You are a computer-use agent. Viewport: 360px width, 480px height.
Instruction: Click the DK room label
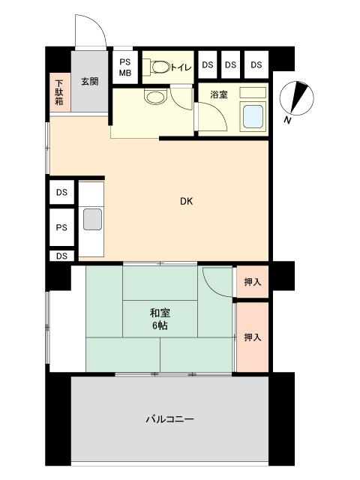(x=186, y=202)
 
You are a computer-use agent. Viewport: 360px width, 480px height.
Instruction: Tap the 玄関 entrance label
(x=90, y=82)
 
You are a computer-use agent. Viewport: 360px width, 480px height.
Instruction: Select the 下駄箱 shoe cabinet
(x=60, y=92)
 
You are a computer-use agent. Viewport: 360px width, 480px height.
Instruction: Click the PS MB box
(x=125, y=67)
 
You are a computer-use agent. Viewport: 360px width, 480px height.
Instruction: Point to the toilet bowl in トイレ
(x=160, y=67)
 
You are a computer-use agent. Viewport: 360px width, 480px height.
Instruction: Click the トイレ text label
(x=181, y=67)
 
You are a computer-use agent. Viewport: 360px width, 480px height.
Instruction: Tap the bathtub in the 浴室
(x=253, y=117)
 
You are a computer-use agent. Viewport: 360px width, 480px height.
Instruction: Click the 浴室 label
(x=219, y=94)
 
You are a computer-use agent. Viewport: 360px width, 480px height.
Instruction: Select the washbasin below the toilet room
(x=155, y=97)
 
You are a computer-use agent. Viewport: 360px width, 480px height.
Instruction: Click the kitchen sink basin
(x=92, y=219)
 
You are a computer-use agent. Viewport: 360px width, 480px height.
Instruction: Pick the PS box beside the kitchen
(x=61, y=227)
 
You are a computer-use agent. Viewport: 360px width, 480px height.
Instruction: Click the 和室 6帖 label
(x=160, y=319)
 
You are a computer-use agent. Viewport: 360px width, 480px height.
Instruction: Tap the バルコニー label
(x=169, y=418)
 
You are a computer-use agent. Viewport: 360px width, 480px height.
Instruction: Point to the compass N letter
(x=287, y=120)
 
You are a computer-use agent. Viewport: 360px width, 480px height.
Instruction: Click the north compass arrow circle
(x=297, y=98)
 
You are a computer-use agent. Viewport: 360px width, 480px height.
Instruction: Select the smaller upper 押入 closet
(x=253, y=282)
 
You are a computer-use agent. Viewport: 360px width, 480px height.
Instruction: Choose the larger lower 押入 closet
(x=253, y=337)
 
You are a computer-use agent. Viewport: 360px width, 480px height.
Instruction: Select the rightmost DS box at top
(x=256, y=64)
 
